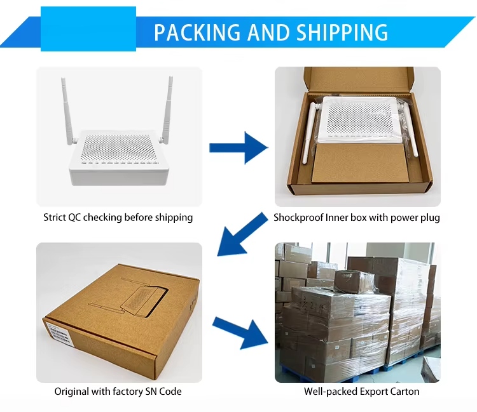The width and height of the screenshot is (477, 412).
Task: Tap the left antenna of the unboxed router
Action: (x=67, y=111)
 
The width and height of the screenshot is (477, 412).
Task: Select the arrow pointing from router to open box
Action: (x=238, y=148)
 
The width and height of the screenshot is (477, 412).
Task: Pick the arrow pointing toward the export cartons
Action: (x=240, y=333)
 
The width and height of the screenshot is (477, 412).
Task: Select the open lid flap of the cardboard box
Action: (x=359, y=79)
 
